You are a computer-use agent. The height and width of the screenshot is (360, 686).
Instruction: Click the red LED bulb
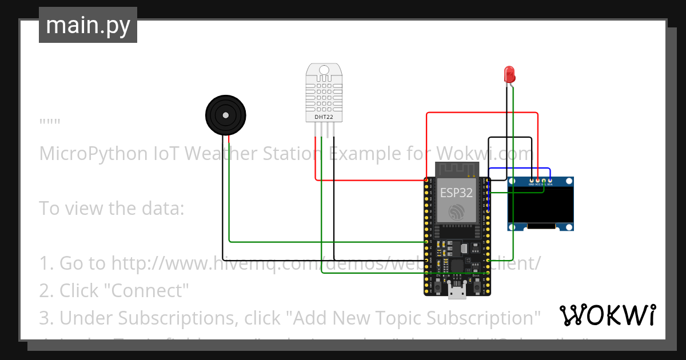[509, 74]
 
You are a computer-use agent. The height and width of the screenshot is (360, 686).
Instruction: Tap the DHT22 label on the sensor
[324, 117]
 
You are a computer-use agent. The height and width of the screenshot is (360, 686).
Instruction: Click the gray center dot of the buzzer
[226, 115]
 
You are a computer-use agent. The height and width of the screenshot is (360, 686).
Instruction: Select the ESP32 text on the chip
[456, 193]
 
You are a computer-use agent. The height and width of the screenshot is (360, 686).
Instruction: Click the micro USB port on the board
[456, 293]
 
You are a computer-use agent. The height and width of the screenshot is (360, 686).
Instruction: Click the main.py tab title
[88, 25]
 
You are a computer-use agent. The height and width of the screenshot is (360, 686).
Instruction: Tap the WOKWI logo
[607, 315]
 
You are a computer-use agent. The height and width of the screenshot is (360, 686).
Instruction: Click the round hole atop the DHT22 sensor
[324, 70]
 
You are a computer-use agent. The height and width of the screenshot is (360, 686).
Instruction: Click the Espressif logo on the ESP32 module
[456, 213]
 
